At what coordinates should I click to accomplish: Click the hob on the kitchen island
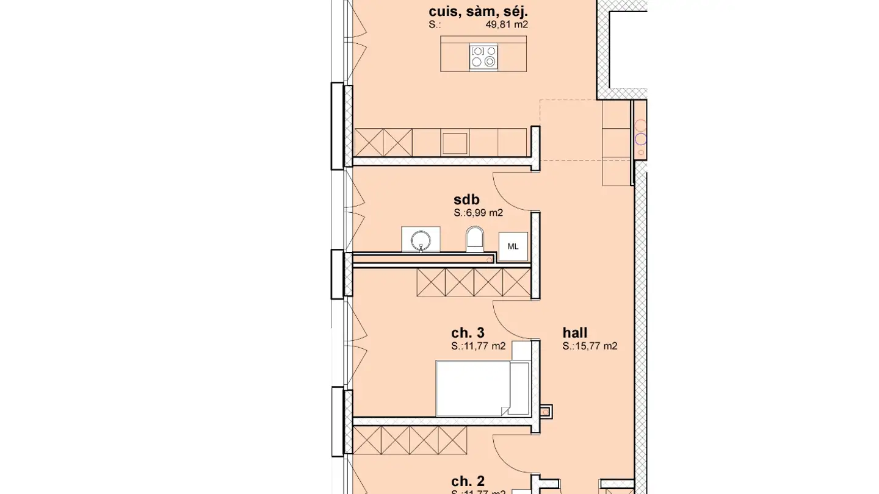[483, 57]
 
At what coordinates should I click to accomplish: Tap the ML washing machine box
[513, 246]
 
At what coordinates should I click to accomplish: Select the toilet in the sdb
[475, 239]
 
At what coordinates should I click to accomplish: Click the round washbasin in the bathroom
[421, 239]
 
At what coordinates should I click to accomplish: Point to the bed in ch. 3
[473, 388]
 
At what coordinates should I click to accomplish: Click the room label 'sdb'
[466, 199]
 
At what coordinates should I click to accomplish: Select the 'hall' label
[574, 332]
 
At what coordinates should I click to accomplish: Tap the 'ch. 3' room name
[468, 332]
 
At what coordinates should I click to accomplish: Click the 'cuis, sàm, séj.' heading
[478, 11]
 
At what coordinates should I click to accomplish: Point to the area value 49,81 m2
[506, 25]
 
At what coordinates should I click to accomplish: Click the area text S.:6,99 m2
[478, 213]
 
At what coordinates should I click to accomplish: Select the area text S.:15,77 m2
[590, 346]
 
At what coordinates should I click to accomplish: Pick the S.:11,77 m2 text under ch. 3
[478, 346]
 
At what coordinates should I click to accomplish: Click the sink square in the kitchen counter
[455, 143]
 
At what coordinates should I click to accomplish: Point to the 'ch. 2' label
[468, 481]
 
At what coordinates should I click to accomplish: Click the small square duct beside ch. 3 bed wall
[546, 412]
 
